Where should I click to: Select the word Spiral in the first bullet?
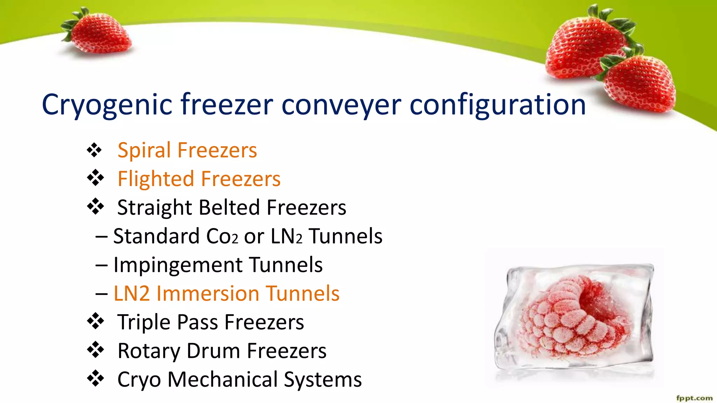point(144,151)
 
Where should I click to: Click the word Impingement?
point(178,265)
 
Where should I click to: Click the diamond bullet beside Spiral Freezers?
point(95,150)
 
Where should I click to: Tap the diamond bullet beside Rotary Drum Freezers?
point(95,350)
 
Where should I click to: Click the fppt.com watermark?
point(694,398)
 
